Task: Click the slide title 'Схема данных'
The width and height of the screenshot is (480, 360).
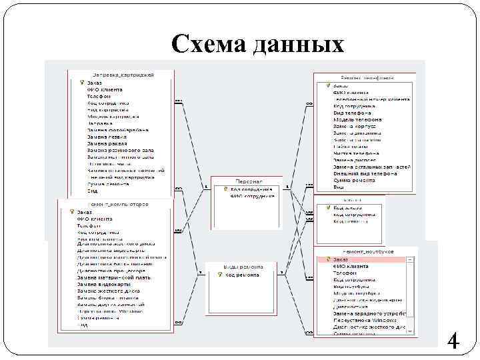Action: tap(257, 44)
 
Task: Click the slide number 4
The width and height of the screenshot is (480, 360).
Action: tap(453, 343)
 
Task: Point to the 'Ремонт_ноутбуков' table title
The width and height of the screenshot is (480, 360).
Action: tap(367, 251)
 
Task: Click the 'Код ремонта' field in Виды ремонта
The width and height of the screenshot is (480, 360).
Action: tap(241, 275)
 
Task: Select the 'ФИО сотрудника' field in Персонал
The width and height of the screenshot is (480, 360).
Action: tap(252, 196)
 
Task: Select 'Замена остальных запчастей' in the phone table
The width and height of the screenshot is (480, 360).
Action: tap(372, 167)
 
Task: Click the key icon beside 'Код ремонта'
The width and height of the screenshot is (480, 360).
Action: tap(220, 275)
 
